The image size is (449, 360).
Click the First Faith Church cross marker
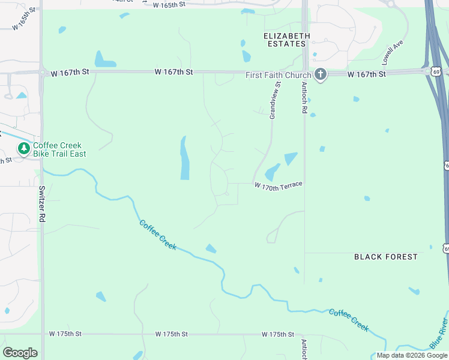pyautogui.click(x=321, y=74)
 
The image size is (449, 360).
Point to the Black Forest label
pyautogui.click(x=385, y=257)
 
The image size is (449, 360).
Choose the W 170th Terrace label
pyautogui.click(x=278, y=187)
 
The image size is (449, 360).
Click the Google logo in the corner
pyautogui.click(x=20, y=353)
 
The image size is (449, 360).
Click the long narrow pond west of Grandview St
pyautogui.click(x=185, y=158)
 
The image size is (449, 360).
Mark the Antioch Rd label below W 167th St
pyautogui.click(x=304, y=98)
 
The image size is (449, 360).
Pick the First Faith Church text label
pyautogui.click(x=278, y=75)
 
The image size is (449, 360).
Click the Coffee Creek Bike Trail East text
pyautogui.click(x=59, y=149)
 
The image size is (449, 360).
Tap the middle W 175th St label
pyautogui.click(x=172, y=334)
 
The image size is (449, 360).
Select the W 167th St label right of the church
pyautogui.click(x=367, y=74)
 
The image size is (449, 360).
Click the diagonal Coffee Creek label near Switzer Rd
pyautogui.click(x=158, y=234)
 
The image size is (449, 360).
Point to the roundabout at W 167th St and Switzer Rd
pyautogui.click(x=42, y=73)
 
